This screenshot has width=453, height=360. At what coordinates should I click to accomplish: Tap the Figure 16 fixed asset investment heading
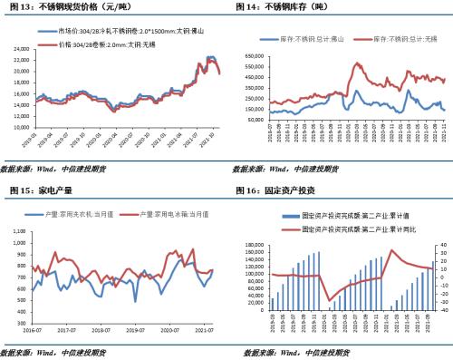click(x=275, y=190)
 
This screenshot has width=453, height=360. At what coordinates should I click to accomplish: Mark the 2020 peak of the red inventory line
click(x=358, y=64)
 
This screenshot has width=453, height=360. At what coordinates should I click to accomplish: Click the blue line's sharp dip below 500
click(x=135, y=300)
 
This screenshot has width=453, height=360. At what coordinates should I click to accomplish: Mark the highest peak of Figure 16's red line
click(x=391, y=250)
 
